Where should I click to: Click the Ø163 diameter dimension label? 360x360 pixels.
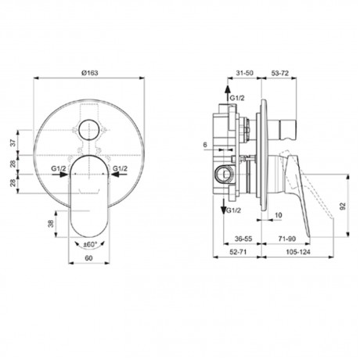pyautogui.click(x=90, y=73)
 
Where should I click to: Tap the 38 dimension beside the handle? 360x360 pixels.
pyautogui.click(x=52, y=223)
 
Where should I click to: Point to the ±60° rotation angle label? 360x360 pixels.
pyautogui.click(x=89, y=244)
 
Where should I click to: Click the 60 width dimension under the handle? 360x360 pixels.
pyautogui.click(x=88, y=258)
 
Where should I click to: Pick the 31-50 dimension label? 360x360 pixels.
pyautogui.click(x=244, y=73)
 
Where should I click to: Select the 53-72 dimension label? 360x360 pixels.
pyautogui.click(x=280, y=73)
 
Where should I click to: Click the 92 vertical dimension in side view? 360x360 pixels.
pyautogui.click(x=343, y=206)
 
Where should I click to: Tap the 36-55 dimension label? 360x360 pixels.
pyautogui.click(x=243, y=239)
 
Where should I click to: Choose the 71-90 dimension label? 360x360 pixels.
pyautogui.click(x=287, y=239)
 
